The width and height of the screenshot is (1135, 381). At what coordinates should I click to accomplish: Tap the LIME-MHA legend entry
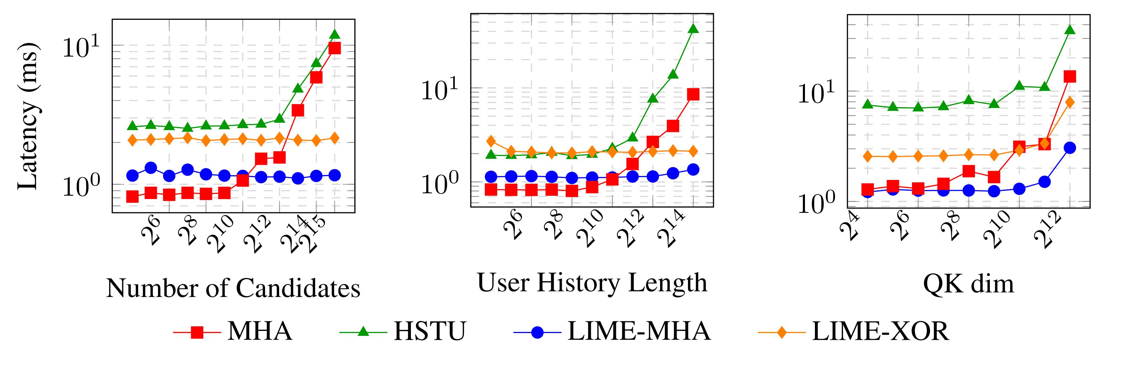coord(639,331)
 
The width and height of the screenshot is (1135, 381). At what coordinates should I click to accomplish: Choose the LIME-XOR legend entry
coord(880,331)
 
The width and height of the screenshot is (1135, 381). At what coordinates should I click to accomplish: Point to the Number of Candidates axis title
coord(233,289)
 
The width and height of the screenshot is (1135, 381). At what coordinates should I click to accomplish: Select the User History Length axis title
coord(592,283)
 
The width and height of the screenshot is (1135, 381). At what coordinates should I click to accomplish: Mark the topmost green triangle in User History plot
coord(693,29)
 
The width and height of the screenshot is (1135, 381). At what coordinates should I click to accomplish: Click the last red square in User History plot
coord(693,95)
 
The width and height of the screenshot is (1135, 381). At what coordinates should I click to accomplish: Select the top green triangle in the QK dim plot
coord(1069,30)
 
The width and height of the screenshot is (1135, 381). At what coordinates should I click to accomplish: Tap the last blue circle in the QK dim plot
coord(1069,148)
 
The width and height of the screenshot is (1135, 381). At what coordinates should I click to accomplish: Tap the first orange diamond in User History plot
coord(491,141)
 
